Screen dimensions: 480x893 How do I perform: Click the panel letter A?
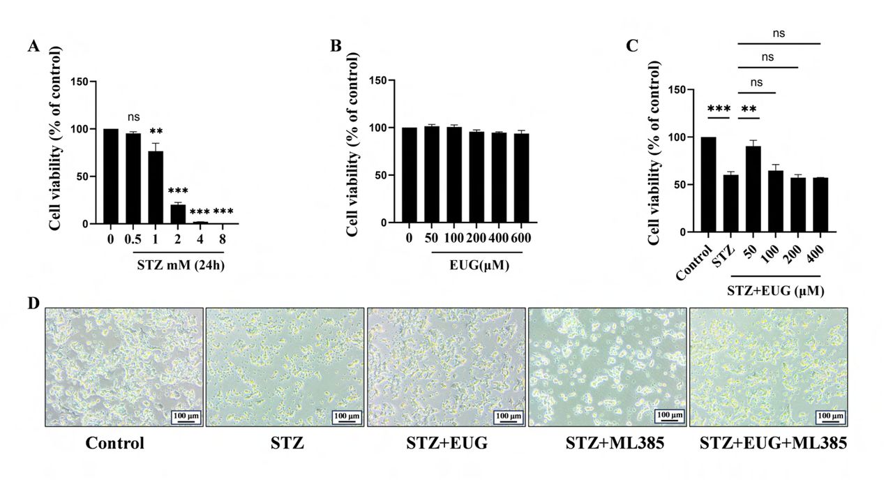coord(33,46)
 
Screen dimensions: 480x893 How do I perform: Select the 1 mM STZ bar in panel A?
coord(156,188)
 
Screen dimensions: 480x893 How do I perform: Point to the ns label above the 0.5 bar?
coord(133,119)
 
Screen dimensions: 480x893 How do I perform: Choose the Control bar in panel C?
coord(709,184)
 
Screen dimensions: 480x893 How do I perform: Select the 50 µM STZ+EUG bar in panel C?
coord(753,188)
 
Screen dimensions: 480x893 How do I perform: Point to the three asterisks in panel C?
coord(719,110)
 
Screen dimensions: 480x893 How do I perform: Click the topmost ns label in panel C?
coord(779,32)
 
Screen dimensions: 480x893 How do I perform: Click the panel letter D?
coord(33,305)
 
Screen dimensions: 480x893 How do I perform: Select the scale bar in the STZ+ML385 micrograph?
coord(668,416)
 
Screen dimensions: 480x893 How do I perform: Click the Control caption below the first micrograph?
coord(115,443)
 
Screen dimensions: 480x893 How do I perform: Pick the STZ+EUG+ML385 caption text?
coord(773,443)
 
